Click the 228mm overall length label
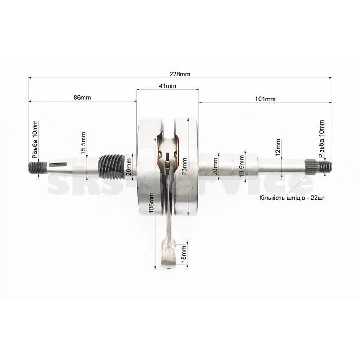[180, 74]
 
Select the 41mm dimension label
[167, 86]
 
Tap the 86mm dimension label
[82, 98]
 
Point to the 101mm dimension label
[265, 99]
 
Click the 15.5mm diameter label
[83, 143]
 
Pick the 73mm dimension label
[184, 166]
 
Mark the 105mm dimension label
[151, 203]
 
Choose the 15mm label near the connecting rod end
[184, 254]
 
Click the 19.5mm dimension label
[242, 166]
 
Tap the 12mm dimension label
[278, 148]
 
